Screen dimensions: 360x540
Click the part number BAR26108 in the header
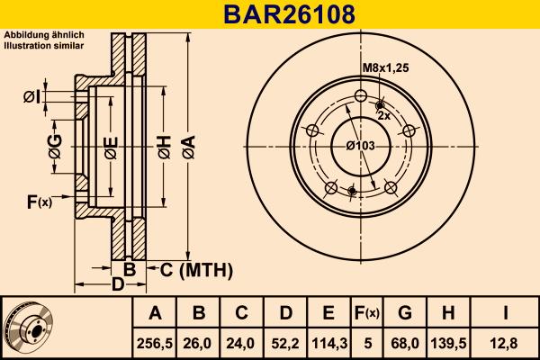coord(269,13)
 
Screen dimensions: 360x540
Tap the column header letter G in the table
coord(405,313)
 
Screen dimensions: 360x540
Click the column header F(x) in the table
coord(366,313)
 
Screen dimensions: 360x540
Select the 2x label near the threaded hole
coord(382,115)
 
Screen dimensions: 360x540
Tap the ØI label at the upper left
coord(32,96)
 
